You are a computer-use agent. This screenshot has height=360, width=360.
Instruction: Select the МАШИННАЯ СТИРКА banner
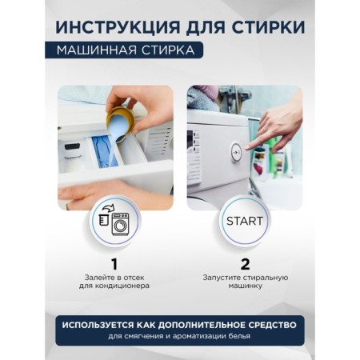coord(124,50)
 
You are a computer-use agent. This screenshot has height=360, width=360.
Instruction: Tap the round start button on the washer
coord(236,152)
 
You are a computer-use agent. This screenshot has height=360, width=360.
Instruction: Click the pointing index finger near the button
coord(255,144)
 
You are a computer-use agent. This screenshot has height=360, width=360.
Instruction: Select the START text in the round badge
coord(245,221)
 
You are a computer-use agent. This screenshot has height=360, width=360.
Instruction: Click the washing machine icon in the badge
coord(120,225)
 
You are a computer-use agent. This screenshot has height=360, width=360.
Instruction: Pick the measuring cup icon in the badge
coord(103,220)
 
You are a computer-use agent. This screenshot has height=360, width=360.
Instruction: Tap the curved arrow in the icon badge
coord(108,208)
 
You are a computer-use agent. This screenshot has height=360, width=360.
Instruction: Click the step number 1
coord(114,264)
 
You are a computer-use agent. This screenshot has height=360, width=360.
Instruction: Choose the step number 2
coord(246,264)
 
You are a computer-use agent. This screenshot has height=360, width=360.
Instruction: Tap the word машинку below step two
coord(246,286)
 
